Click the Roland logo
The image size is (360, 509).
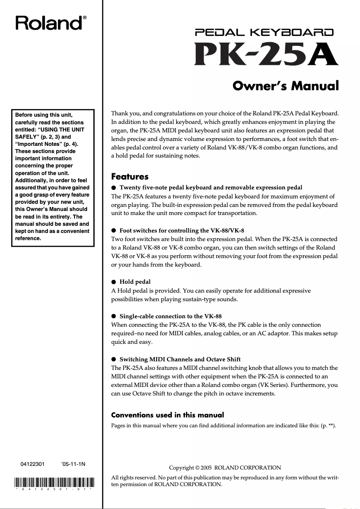49,22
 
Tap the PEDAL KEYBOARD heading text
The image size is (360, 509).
264,32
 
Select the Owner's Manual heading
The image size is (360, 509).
285,85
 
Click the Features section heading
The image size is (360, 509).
129,177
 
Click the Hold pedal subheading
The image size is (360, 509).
135,282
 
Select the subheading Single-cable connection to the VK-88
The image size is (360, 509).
170,316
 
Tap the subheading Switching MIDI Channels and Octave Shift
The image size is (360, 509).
180,359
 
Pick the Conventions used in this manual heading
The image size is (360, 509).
167,415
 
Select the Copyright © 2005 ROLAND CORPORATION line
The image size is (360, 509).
225,468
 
